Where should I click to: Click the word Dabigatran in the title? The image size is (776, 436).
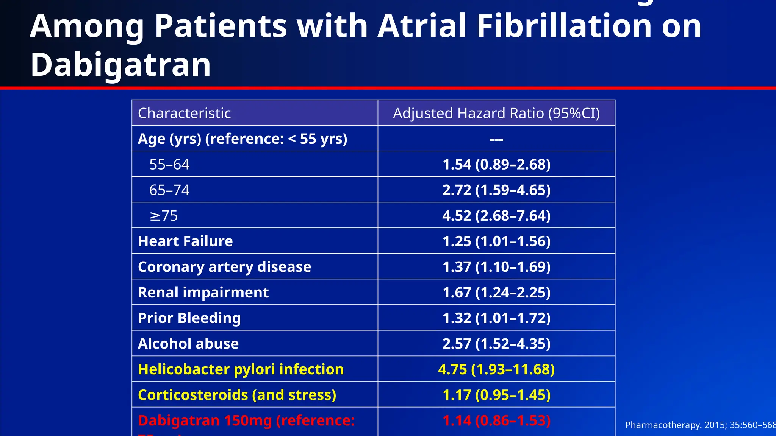120,65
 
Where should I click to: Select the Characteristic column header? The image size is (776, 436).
184,113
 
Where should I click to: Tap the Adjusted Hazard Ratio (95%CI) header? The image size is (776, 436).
496,113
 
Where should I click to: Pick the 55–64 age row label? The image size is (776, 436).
169,164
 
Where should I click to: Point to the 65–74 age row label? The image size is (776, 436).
169,190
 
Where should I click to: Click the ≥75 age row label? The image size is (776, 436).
164,216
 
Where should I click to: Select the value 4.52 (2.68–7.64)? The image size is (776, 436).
496,216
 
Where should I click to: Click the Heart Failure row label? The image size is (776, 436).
185,241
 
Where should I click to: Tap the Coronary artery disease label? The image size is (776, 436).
224,267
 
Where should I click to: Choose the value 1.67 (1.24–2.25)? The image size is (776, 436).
496,293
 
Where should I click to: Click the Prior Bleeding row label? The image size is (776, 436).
189,318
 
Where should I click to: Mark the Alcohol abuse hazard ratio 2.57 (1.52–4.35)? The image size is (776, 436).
496,344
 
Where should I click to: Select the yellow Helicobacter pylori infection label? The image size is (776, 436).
241,369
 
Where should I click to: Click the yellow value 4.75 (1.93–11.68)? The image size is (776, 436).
496,369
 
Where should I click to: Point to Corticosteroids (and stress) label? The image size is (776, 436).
237,395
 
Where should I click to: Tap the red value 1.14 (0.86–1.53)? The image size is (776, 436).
496,420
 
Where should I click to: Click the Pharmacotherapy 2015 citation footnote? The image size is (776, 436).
699,425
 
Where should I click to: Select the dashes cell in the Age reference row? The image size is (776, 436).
496,139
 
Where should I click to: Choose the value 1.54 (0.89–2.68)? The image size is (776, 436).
496,164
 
